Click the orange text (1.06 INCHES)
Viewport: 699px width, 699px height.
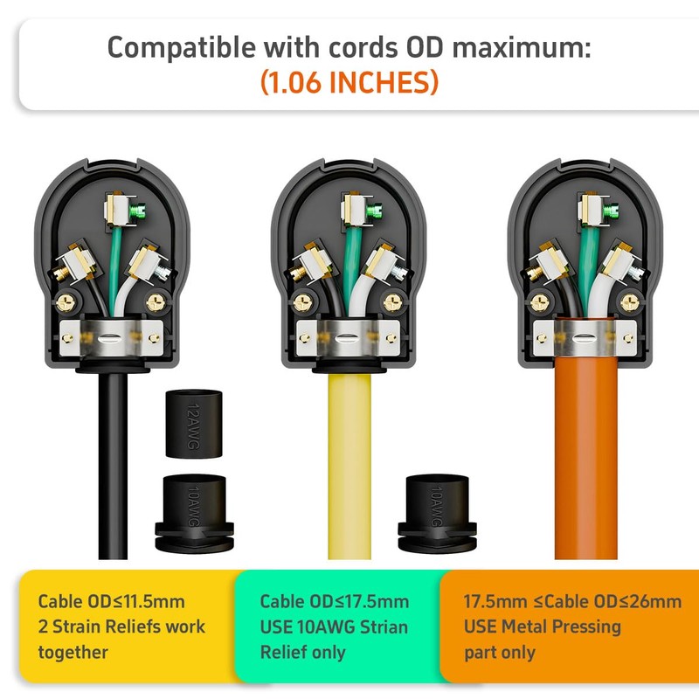(349, 82)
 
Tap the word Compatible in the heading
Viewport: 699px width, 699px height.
(182, 47)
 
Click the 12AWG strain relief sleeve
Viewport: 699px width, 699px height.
(193, 424)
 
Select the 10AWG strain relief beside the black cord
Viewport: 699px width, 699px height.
(194, 513)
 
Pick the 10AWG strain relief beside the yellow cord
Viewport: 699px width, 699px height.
(437, 513)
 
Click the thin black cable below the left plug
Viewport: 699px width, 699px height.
(113, 466)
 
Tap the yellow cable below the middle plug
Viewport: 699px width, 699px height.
(349, 466)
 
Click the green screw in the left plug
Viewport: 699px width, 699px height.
(138, 211)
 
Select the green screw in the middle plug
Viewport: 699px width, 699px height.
(375, 211)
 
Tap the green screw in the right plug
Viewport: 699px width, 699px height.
(611, 211)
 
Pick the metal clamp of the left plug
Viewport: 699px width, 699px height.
(112, 338)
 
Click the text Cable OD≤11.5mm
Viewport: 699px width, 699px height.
(112, 601)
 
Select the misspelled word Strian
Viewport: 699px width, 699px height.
(384, 626)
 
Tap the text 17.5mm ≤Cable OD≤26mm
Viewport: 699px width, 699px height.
(572, 601)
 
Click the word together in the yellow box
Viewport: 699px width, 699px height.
(73, 653)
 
